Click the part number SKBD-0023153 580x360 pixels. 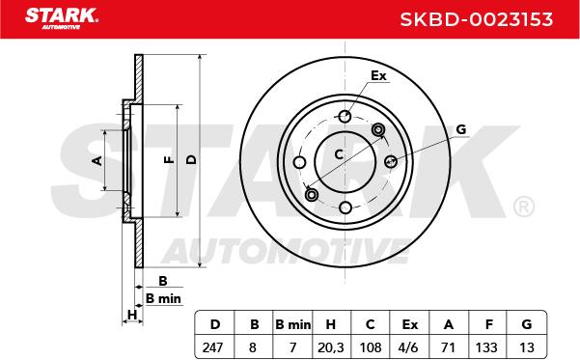point(477,19)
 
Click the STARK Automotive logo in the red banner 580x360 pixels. point(62,18)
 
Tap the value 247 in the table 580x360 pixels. point(213,347)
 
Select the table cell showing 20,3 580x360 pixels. point(331,347)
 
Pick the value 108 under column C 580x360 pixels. point(371,347)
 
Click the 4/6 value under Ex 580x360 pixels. point(409,347)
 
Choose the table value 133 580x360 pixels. point(486,347)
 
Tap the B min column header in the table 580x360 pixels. point(293,325)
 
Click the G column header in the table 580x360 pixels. point(527,324)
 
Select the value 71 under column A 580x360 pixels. point(448,347)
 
